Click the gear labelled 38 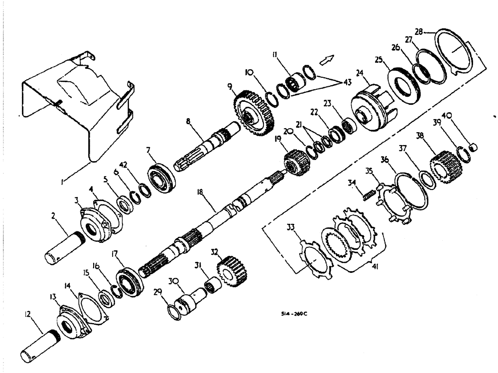click(441, 162)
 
